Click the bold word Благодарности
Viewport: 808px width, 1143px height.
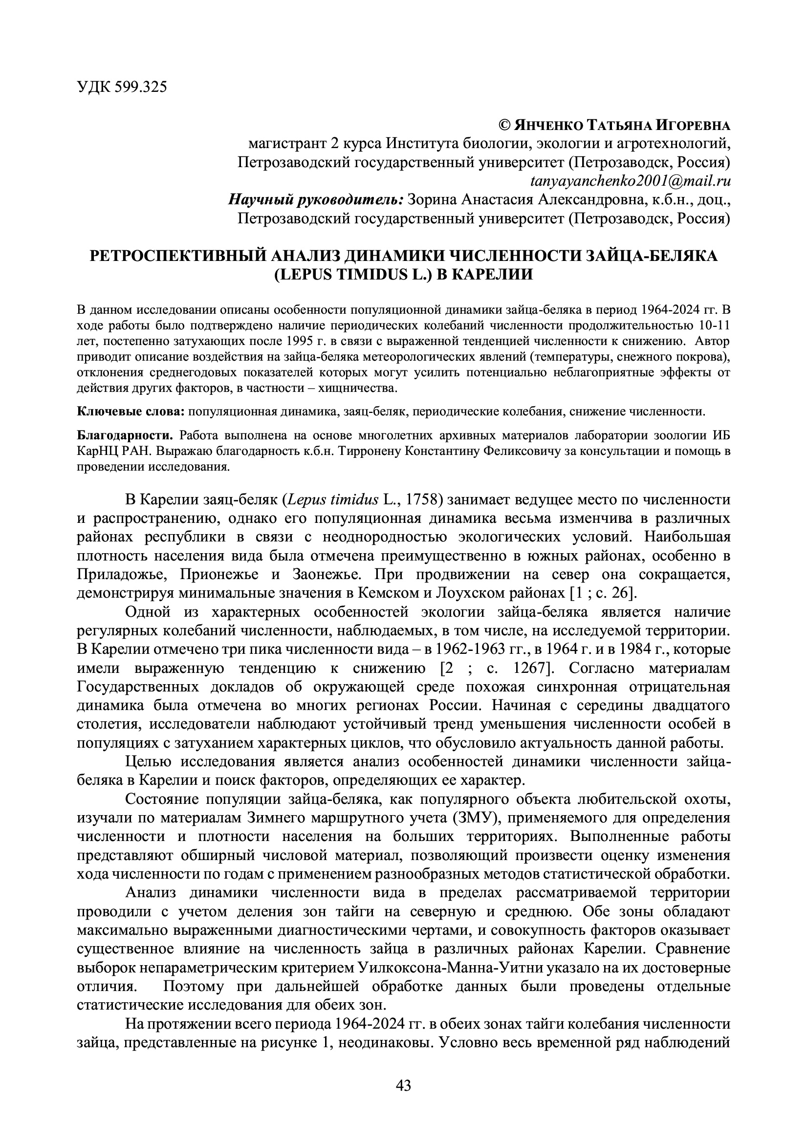click(x=125, y=435)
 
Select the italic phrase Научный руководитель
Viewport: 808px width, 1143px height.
click(x=315, y=200)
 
